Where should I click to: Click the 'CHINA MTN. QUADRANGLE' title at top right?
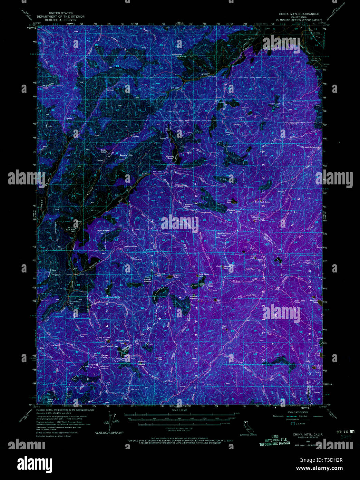(299, 14)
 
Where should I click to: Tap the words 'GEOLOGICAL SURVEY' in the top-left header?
(61, 20)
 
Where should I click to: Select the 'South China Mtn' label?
(223, 234)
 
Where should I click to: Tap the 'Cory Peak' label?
(210, 284)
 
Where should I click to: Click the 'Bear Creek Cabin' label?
(299, 301)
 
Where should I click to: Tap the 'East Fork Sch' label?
(70, 230)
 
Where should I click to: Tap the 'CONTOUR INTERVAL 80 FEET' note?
(179, 428)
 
